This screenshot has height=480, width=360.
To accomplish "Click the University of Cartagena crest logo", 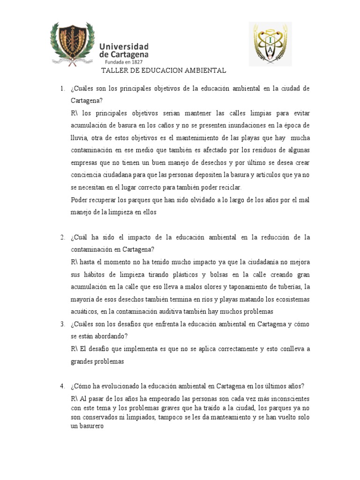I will [x=73, y=44].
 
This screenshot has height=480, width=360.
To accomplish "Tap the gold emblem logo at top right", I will [x=270, y=44].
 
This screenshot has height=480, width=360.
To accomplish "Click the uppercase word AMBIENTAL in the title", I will [x=205, y=70].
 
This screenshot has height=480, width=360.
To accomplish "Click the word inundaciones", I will [x=242, y=126].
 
